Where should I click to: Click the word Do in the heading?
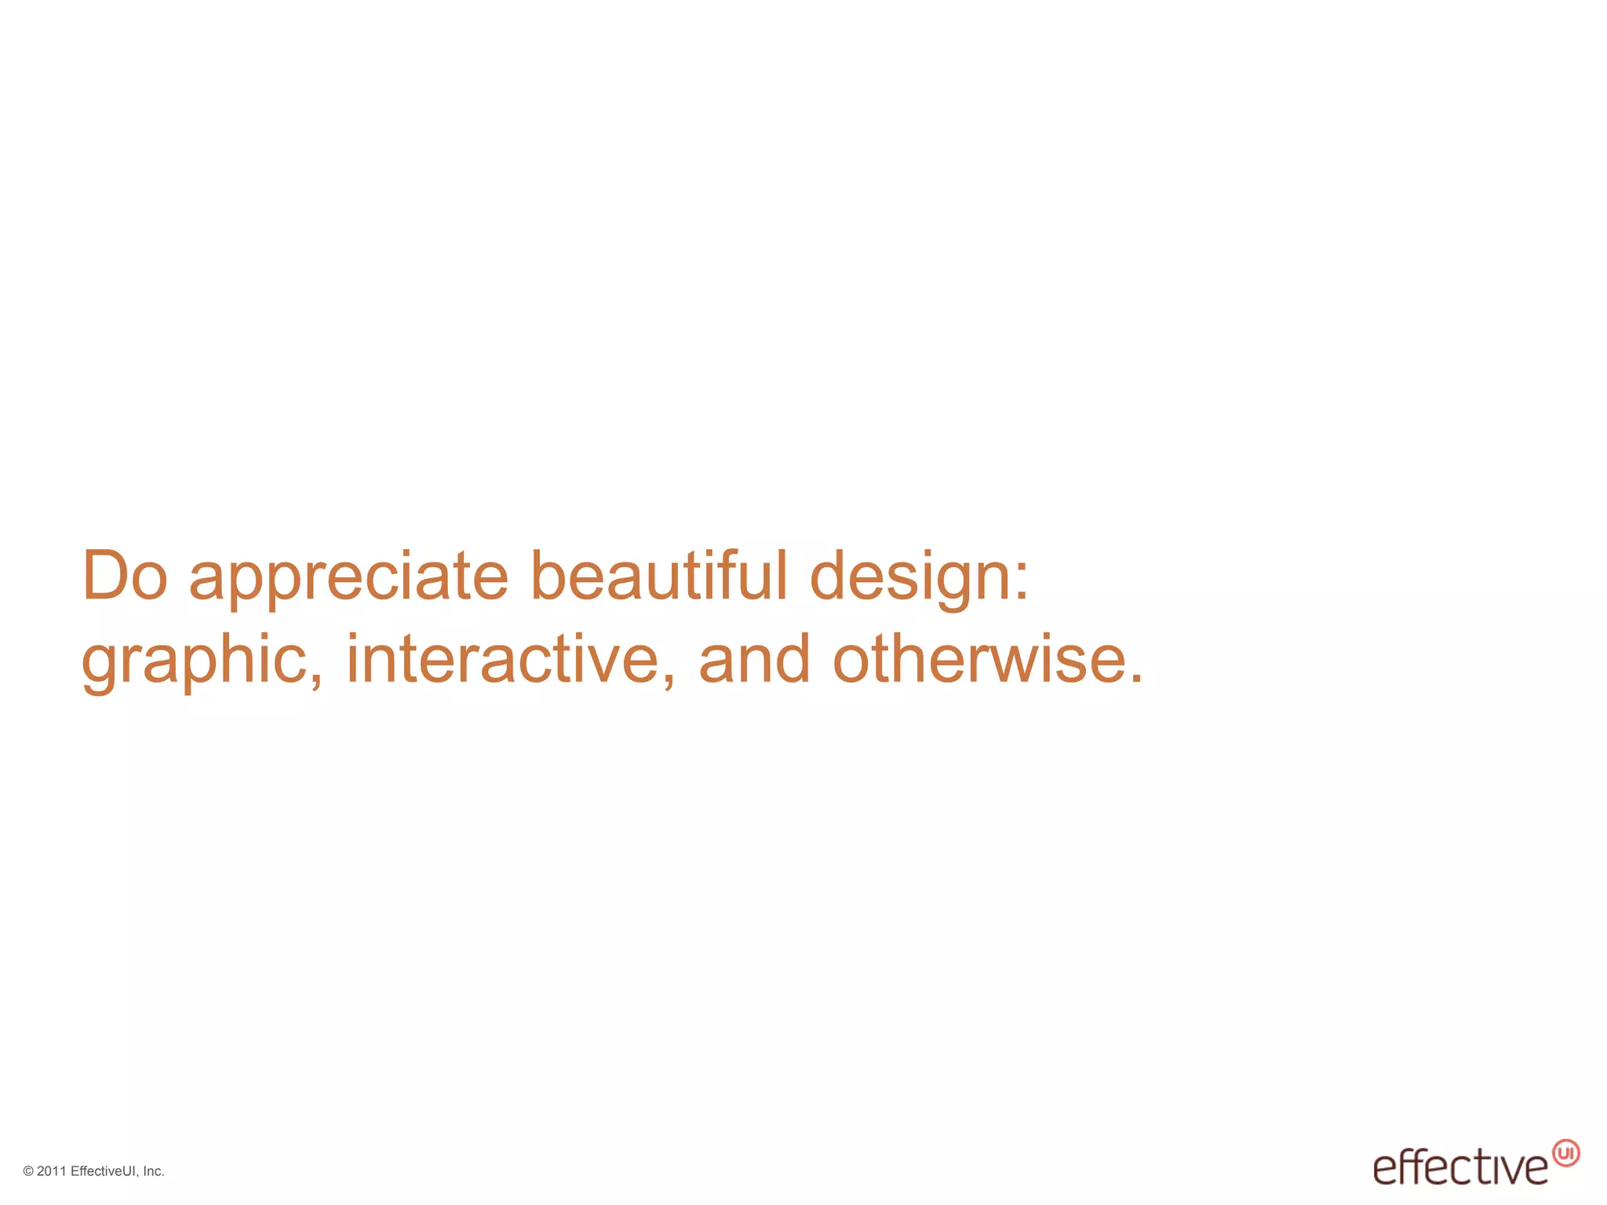[x=125, y=576]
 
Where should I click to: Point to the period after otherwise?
[x=1136, y=678]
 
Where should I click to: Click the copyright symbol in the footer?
[x=28, y=1171]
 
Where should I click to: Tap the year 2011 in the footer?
[x=52, y=1171]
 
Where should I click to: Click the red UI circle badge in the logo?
[x=1565, y=1153]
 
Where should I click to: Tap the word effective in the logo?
[x=1460, y=1168]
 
